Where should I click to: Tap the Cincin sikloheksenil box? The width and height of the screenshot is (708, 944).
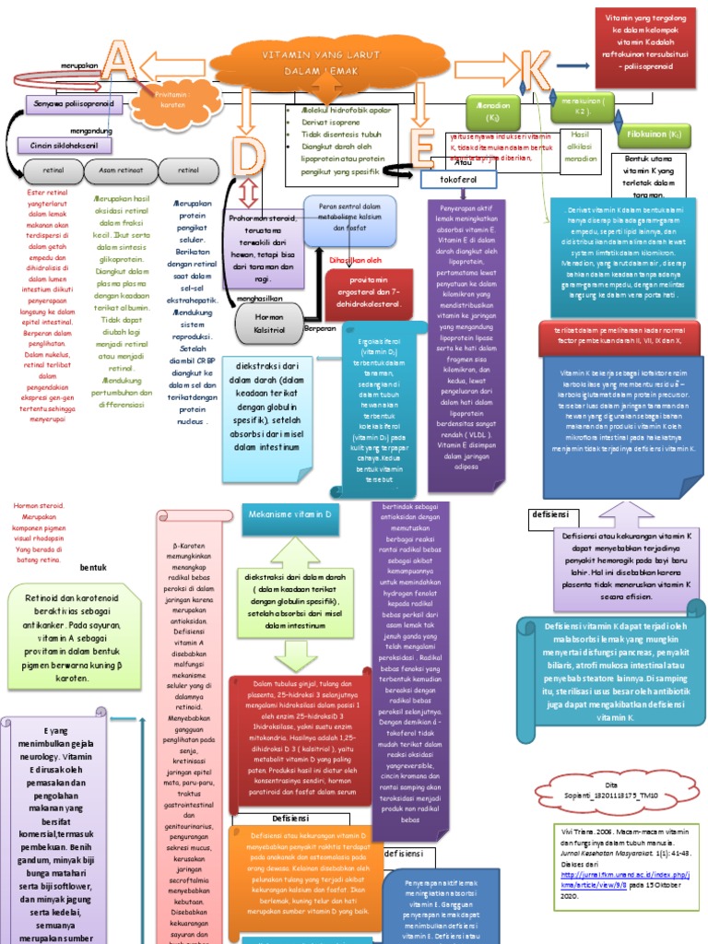coord(58,146)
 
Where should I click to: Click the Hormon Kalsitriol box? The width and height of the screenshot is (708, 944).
coord(268,322)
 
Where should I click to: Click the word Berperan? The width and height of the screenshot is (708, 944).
coord(321,327)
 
